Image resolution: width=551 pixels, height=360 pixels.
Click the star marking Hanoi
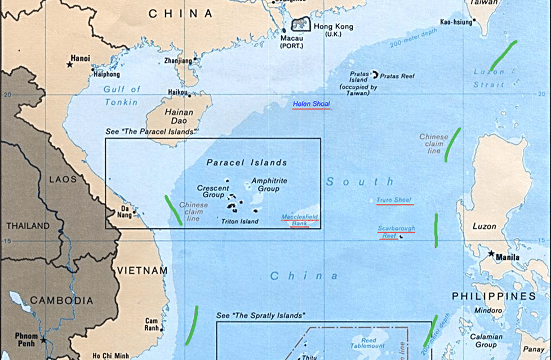point(70,65)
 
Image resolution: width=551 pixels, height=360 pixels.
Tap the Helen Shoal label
point(311,104)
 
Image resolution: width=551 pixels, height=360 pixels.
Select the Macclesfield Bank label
point(300,220)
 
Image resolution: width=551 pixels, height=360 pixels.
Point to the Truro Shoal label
point(394,200)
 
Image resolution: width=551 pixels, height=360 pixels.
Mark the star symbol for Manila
point(492,254)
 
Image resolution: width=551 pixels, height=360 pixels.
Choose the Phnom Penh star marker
point(43,340)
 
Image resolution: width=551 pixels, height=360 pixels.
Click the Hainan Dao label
point(179,117)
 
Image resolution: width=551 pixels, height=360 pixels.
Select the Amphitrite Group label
point(269,185)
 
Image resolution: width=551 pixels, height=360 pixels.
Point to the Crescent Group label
point(213,192)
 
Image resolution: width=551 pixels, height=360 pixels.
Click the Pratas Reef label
point(398,75)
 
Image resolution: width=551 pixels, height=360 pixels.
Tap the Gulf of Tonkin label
point(121,96)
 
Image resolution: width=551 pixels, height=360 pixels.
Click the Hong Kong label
point(333,27)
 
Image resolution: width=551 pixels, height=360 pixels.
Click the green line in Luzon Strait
point(503,56)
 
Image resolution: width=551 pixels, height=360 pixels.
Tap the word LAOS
point(63,180)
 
